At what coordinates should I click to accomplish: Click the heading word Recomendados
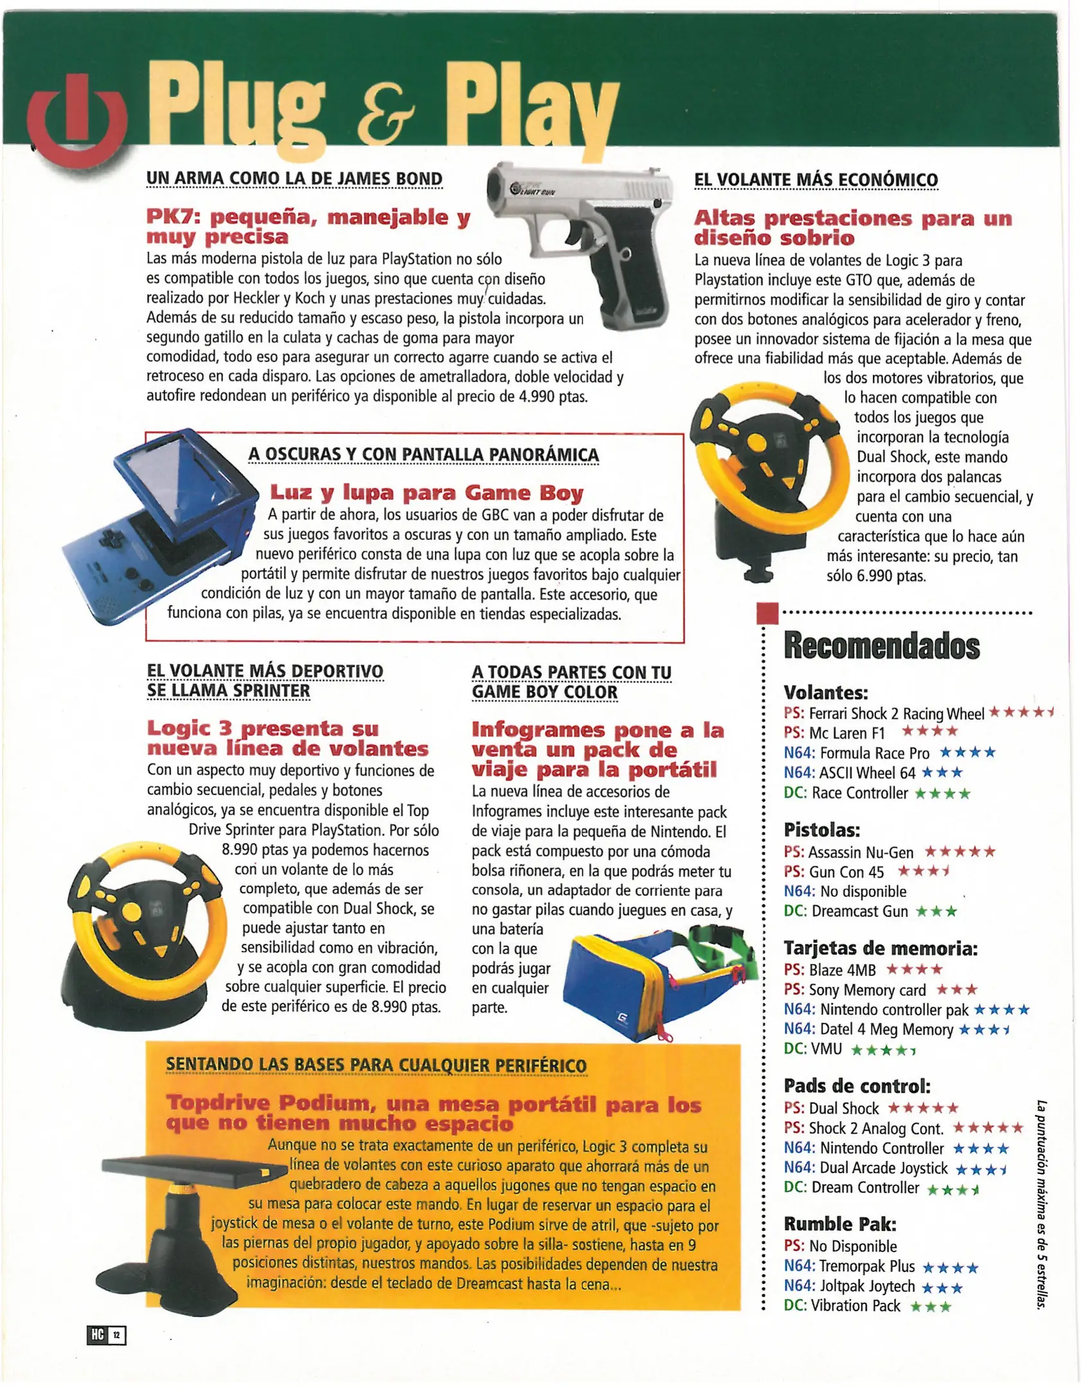click(x=881, y=646)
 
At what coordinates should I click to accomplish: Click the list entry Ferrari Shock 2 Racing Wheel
click(x=896, y=714)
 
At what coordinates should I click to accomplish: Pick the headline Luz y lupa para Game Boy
click(x=426, y=493)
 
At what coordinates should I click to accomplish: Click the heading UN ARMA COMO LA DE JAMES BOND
click(x=294, y=179)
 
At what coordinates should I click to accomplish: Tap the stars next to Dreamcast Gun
click(x=936, y=912)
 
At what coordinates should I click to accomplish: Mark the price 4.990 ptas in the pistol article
click(x=552, y=397)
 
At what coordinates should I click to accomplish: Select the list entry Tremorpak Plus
click(x=867, y=1266)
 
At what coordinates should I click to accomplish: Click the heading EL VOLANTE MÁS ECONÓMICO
click(x=816, y=180)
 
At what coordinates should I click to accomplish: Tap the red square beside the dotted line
click(x=768, y=613)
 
